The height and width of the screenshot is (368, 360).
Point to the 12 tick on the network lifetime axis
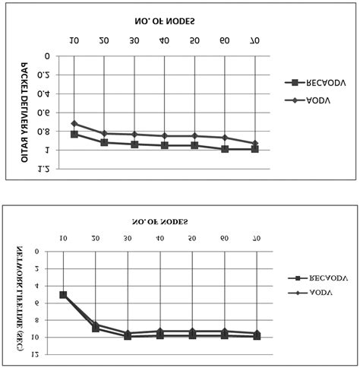tap(45, 354)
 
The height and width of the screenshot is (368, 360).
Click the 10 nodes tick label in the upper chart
tap(74, 40)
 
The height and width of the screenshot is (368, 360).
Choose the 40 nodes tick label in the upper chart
tap(164, 40)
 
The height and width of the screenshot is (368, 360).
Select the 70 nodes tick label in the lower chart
tap(257, 239)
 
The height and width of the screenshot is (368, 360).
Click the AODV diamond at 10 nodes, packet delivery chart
tap(74, 123)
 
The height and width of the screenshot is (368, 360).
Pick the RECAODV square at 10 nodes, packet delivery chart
tap(74, 134)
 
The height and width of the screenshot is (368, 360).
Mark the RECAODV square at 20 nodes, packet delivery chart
tap(104, 142)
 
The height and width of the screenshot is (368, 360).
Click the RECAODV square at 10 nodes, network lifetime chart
tap(63, 295)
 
